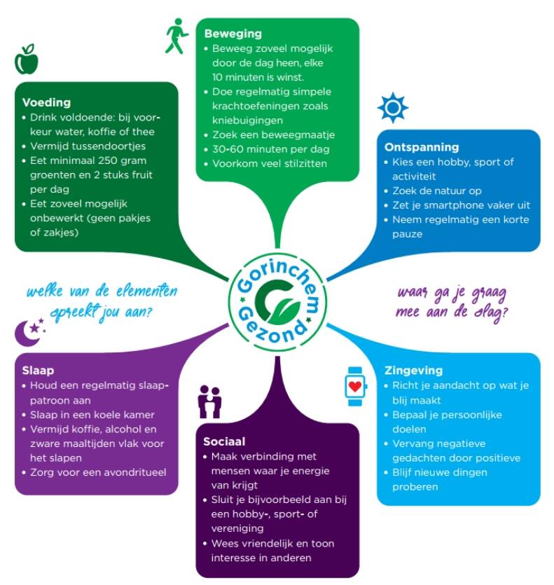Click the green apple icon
click(27, 60)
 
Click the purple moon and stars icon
click(32, 331)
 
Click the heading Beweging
click(233, 34)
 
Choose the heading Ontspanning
click(422, 147)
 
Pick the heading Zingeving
click(413, 371)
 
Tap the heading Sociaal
click(224, 442)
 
